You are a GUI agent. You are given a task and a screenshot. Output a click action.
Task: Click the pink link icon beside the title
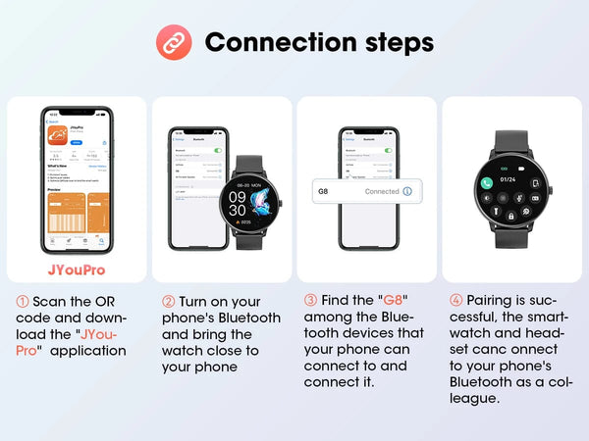pos(174,42)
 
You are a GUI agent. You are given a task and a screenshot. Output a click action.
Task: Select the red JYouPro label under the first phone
pos(76,269)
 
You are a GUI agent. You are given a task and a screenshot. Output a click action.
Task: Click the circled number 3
pos(310,300)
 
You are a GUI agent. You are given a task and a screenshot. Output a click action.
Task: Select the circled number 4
pos(455,300)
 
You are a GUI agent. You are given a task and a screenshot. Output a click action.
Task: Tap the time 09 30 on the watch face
pos(239,203)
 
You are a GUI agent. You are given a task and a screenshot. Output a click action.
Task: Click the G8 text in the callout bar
pos(323,191)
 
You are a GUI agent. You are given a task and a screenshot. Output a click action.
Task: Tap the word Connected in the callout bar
pos(381,191)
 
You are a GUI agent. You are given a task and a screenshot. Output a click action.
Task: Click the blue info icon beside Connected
pos(407,191)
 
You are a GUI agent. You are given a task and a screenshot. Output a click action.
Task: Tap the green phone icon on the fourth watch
pos(485,183)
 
